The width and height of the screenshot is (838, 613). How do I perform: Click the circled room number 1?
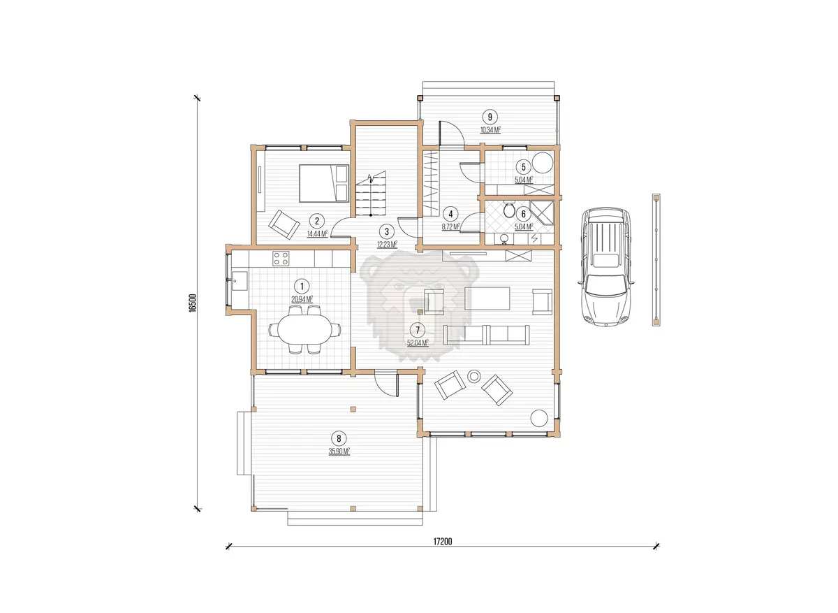pyautogui.click(x=302, y=287)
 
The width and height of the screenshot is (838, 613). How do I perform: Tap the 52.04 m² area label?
pyautogui.click(x=418, y=342)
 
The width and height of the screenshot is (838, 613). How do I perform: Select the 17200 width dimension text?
pyautogui.click(x=443, y=542)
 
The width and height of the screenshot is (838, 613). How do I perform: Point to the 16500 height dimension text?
pyautogui.click(x=192, y=303)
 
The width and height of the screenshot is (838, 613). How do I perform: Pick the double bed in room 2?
pyautogui.click(x=324, y=184)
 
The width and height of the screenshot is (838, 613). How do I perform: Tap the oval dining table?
pyautogui.click(x=305, y=329)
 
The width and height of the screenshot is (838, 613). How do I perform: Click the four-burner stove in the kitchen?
pyautogui.click(x=281, y=258)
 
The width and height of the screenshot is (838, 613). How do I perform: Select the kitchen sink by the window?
pyautogui.click(x=240, y=281)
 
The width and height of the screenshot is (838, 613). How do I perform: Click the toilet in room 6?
pyautogui.click(x=509, y=210)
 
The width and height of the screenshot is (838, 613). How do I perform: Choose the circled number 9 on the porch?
pyautogui.click(x=490, y=117)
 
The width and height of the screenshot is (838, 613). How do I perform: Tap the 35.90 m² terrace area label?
pyautogui.click(x=339, y=452)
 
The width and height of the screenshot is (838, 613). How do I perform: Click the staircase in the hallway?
pyautogui.click(x=371, y=194)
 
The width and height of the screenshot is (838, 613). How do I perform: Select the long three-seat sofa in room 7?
pyautogui.click(x=486, y=335)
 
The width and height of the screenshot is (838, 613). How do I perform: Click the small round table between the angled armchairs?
pyautogui.click(x=474, y=376)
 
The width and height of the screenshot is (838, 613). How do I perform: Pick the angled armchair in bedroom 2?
pyautogui.click(x=284, y=224)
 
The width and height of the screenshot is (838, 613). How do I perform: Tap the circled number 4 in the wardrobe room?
pyautogui.click(x=450, y=214)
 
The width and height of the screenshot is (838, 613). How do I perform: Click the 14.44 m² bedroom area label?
pyautogui.click(x=317, y=234)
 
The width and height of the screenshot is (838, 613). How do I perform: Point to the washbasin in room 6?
pyautogui.click(x=504, y=238)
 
